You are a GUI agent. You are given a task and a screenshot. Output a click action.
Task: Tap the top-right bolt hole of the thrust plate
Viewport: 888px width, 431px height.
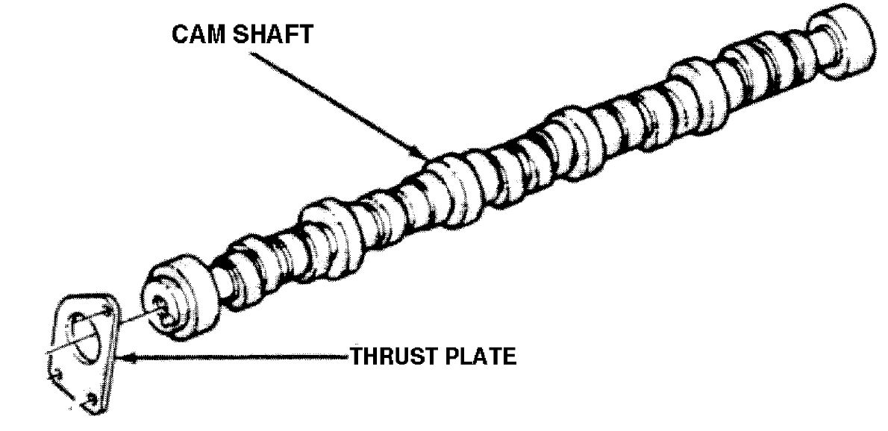coord(109,308)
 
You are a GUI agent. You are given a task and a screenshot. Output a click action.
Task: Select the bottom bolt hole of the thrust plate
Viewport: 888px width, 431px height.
coord(90,403)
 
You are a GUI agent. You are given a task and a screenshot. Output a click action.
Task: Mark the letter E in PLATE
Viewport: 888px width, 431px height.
coord(508,357)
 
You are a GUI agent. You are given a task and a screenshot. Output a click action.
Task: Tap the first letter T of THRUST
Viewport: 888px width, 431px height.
coord(357,357)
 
